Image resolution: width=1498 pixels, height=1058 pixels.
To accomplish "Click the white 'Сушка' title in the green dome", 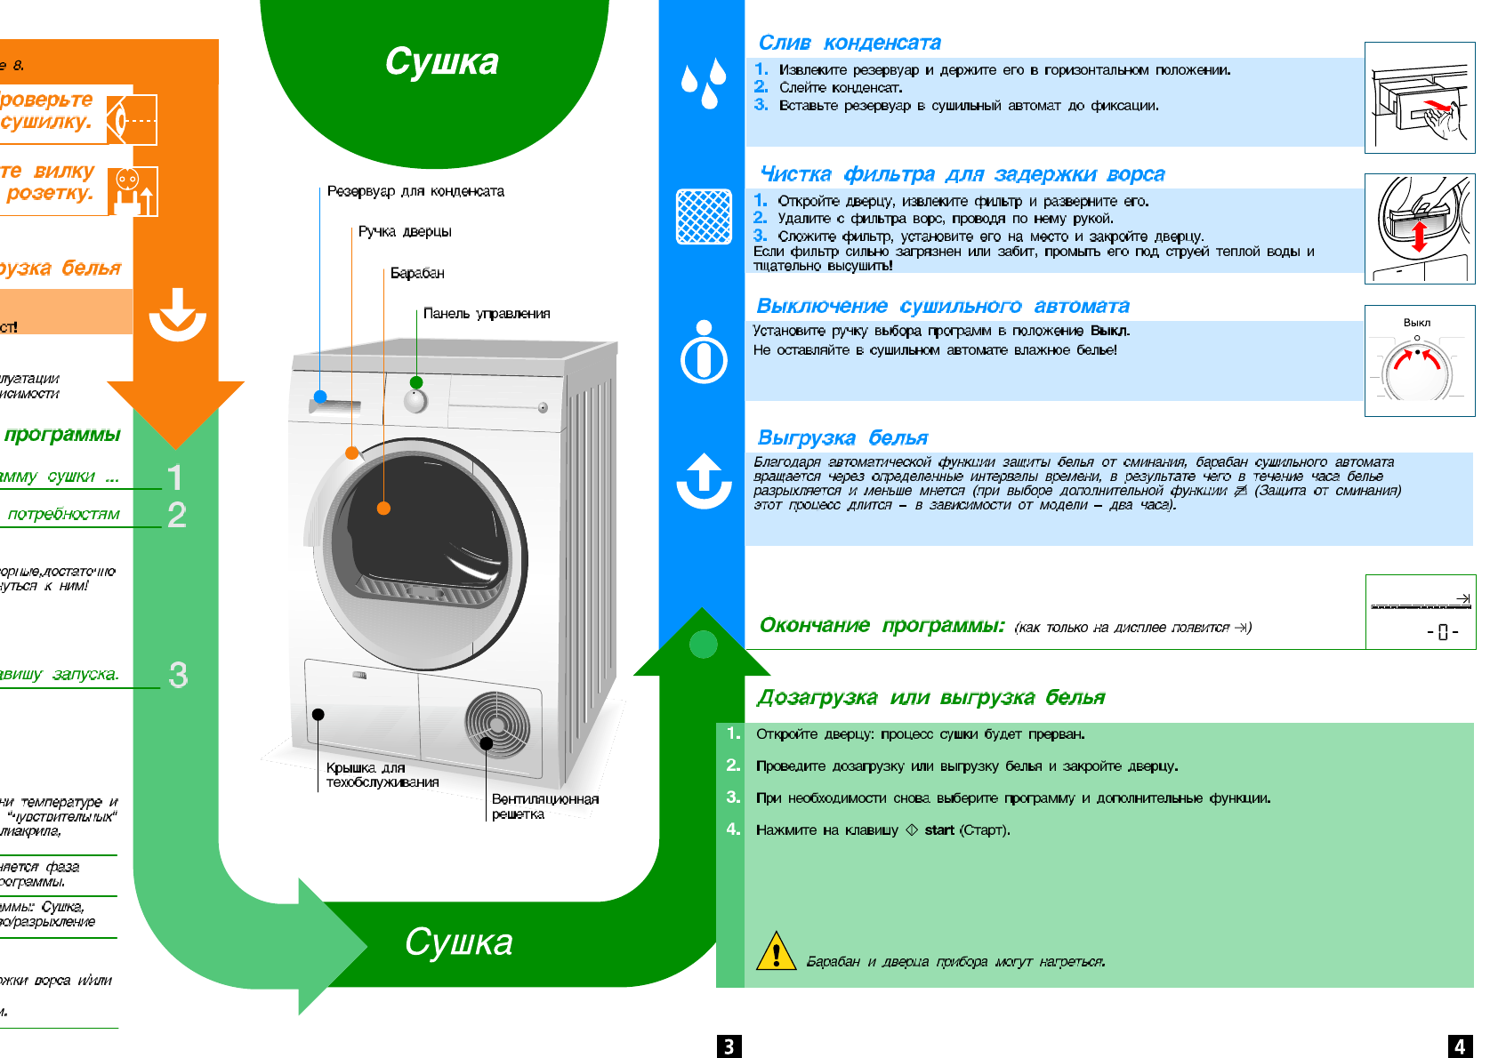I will [x=441, y=61].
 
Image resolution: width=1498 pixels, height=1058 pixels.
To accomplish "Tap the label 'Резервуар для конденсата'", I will [x=415, y=191].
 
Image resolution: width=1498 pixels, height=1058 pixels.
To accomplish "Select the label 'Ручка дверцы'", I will [x=405, y=232].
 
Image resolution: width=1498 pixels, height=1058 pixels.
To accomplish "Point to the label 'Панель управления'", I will [x=486, y=313].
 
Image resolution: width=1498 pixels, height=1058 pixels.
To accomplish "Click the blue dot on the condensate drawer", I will [x=320, y=397].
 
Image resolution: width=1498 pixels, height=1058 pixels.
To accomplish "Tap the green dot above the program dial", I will [x=416, y=382].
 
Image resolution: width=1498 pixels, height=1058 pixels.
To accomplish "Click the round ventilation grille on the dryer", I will [x=497, y=725].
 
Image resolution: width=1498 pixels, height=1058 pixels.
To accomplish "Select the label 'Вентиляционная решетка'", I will [x=544, y=806].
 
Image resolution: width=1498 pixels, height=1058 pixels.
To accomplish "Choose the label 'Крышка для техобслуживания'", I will [x=382, y=774].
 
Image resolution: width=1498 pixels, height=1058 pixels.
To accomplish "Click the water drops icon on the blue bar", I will [x=701, y=84].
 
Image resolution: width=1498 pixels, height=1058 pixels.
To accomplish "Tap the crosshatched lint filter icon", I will [x=704, y=216].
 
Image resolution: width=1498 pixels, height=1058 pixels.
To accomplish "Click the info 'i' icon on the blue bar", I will [x=704, y=352].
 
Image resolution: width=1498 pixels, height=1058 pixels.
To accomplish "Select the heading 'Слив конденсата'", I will [x=850, y=43].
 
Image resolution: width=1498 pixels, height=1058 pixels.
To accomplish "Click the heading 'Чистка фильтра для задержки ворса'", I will [x=962, y=174].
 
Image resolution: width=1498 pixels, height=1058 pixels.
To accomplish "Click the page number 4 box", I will [x=1460, y=1046].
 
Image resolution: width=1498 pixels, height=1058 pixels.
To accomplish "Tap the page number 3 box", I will [x=729, y=1046].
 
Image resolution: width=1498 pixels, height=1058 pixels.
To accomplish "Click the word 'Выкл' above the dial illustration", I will [x=1417, y=323].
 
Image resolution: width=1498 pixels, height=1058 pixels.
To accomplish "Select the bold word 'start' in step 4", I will [x=939, y=830].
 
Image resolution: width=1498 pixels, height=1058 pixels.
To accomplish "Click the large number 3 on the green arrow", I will [x=178, y=675].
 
